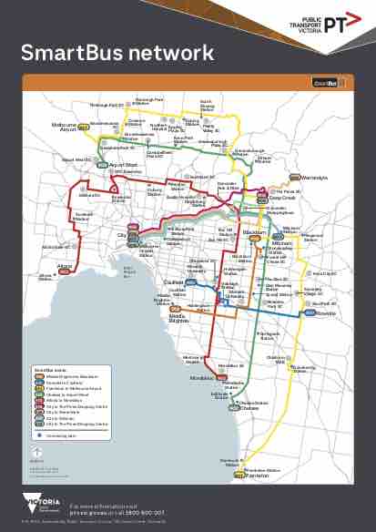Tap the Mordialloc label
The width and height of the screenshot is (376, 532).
(199, 375)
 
